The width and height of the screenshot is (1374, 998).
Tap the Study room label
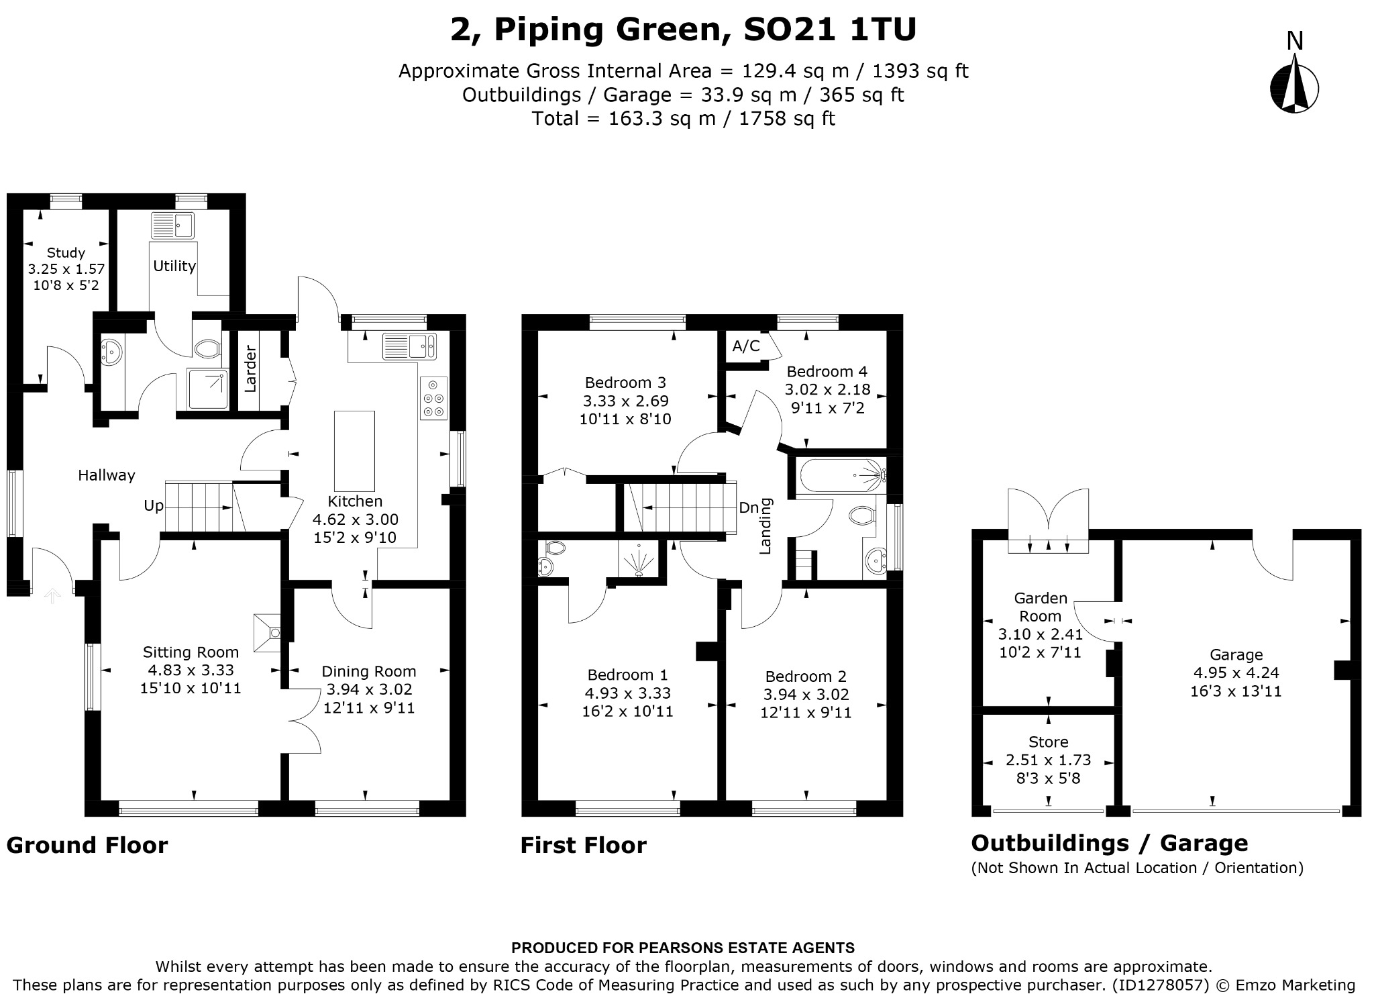pyautogui.click(x=66, y=253)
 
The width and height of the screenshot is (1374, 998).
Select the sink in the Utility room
pyautogui.click(x=172, y=226)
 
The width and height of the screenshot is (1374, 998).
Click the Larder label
pyautogui.click(x=250, y=368)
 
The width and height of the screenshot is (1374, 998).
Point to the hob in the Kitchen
pyautogui.click(x=433, y=399)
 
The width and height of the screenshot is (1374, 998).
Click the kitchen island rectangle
pyautogui.click(x=354, y=451)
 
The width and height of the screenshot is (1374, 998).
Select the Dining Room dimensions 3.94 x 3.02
pyautogui.click(x=369, y=689)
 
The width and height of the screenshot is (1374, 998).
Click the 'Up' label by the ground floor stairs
pyautogui.click(x=154, y=506)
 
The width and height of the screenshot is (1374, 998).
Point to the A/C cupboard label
pyautogui.click(x=746, y=346)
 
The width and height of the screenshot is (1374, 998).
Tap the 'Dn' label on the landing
pyautogui.click(x=748, y=507)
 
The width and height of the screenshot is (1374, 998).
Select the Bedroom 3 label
pyautogui.click(x=625, y=383)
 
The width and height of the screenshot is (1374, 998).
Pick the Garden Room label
pyautogui.click(x=1041, y=607)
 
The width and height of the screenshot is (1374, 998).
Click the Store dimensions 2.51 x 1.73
pyautogui.click(x=1048, y=760)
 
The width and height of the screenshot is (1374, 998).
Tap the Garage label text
pyautogui.click(x=1236, y=654)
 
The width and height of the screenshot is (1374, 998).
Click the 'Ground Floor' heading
pyautogui.click(x=87, y=845)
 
